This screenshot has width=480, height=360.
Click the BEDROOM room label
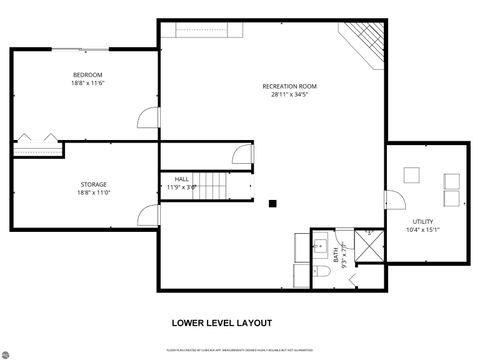tap(87, 75)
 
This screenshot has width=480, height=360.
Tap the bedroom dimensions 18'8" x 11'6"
tap(87, 84)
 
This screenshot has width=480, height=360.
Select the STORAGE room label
tap(94, 184)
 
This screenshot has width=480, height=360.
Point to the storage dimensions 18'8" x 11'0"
tap(94, 193)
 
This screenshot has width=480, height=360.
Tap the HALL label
tap(181, 179)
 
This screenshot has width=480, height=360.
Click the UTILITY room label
tap(423, 221)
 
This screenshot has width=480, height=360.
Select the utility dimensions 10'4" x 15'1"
tap(423, 230)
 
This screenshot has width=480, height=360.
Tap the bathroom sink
tap(321, 244)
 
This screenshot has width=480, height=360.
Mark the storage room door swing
tap(150, 215)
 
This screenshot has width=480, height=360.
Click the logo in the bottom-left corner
tap(11, 351)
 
